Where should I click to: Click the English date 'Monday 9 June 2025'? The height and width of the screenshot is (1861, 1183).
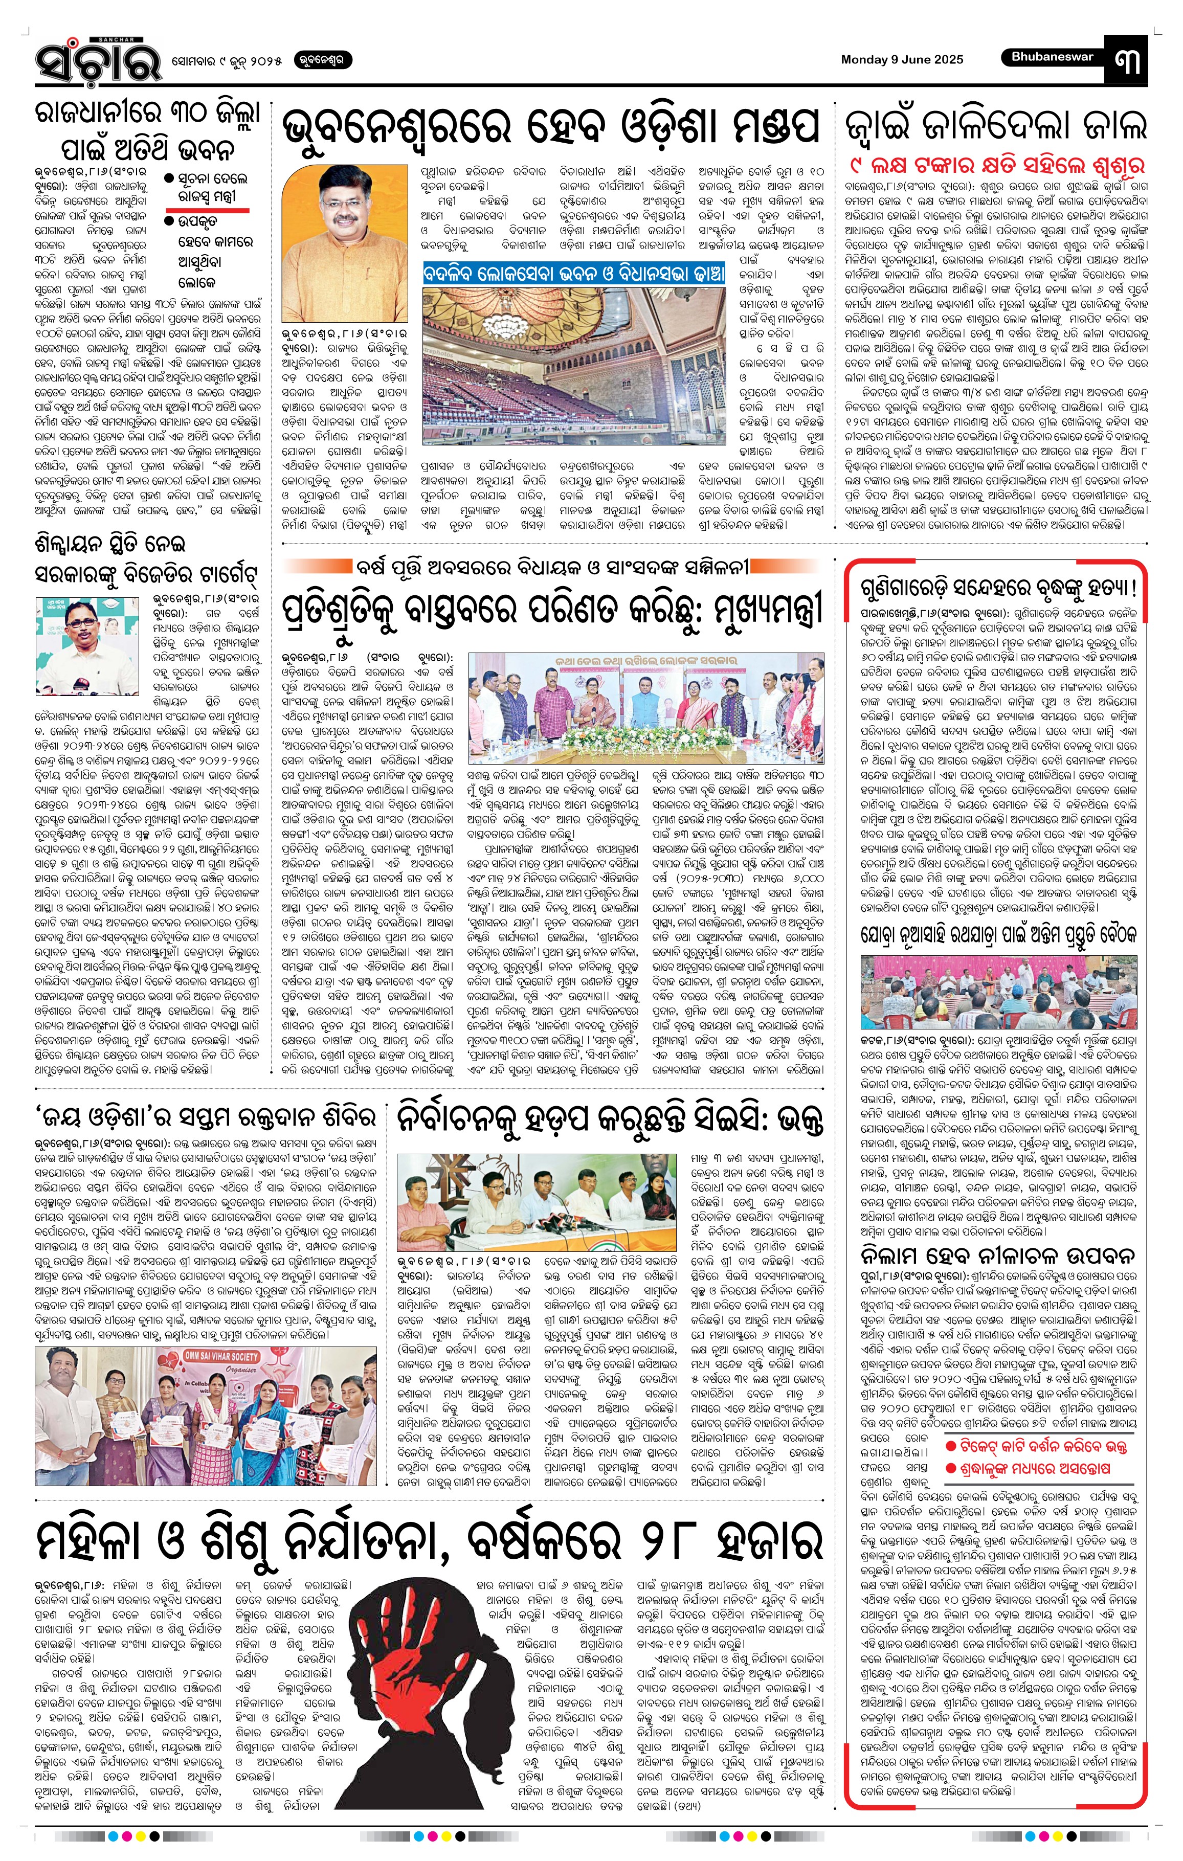pyautogui.click(x=902, y=59)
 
